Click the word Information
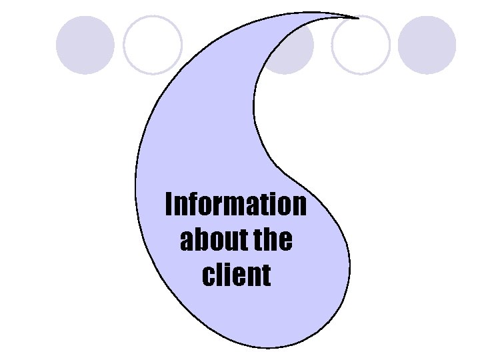click(x=236, y=205)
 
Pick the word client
click(x=236, y=275)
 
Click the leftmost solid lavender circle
click(x=85, y=45)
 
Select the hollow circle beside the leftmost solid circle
click(x=153, y=45)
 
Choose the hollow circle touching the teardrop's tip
click(x=361, y=45)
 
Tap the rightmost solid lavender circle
click(x=427, y=45)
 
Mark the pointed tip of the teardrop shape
click(x=357, y=17)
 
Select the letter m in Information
click(x=227, y=207)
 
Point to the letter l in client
click(x=218, y=274)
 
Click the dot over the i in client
click(x=226, y=265)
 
